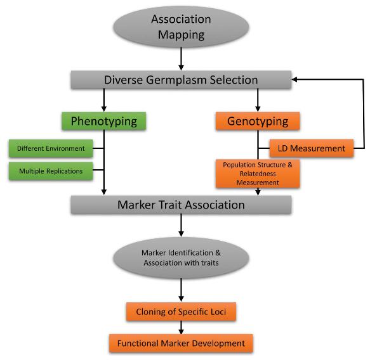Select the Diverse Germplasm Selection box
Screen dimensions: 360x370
[x=181, y=80]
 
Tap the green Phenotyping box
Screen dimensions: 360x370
[x=103, y=121]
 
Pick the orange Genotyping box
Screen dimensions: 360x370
[x=258, y=121]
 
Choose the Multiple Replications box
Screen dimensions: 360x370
[x=51, y=170]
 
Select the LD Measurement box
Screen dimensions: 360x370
[x=311, y=149]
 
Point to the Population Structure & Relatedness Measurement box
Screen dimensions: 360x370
[x=258, y=174]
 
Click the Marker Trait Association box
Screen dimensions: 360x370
[x=181, y=205]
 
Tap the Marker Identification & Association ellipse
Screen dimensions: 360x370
[x=181, y=259]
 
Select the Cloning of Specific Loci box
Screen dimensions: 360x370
[x=181, y=312]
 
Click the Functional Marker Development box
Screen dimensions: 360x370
[x=181, y=343]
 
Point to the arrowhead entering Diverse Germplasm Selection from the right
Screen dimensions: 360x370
[x=296, y=80]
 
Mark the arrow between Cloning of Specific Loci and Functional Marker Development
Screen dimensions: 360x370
[x=181, y=327]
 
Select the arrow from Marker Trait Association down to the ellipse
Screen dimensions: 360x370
[x=181, y=226]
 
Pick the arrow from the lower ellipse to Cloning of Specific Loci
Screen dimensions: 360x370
[x=181, y=291]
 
